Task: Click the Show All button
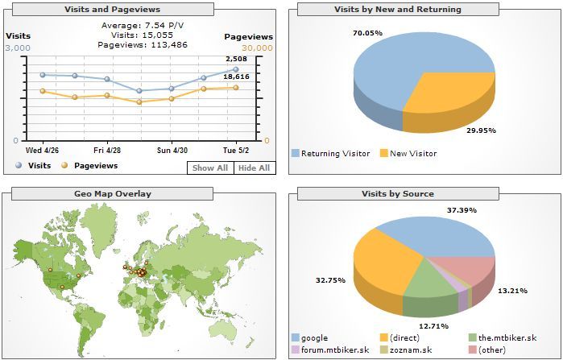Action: click(x=210, y=168)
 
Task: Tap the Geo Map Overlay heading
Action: click(x=113, y=193)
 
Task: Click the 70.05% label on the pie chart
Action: click(x=367, y=33)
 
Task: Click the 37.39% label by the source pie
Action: click(x=462, y=210)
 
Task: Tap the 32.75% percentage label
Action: click(x=331, y=279)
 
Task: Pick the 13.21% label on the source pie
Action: click(x=511, y=291)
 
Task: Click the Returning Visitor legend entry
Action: click(x=330, y=153)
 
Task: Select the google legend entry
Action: click(x=308, y=337)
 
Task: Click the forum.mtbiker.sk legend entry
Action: click(x=329, y=350)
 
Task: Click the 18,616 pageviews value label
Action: click(x=236, y=76)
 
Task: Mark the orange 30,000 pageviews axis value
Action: click(x=258, y=48)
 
